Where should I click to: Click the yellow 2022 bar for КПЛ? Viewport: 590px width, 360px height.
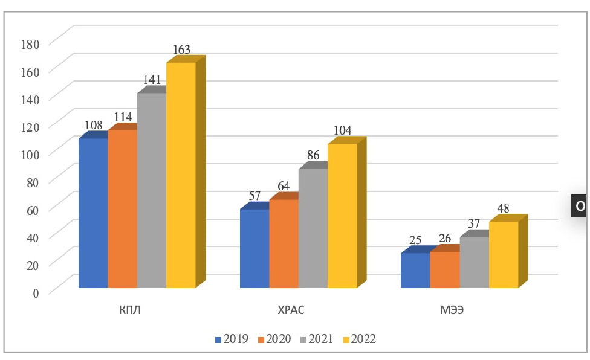(181, 175)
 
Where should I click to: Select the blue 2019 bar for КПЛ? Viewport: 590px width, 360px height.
(93, 213)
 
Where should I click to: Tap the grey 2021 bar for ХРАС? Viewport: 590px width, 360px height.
(313, 228)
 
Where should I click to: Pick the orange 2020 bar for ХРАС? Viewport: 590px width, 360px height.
(284, 243)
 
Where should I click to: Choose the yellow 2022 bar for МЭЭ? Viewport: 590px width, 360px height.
(504, 254)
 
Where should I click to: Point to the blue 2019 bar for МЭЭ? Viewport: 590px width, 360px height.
(415, 270)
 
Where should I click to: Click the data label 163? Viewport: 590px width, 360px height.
(181, 50)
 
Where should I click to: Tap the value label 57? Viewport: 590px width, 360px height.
(254, 196)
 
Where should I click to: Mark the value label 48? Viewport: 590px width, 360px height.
(503, 208)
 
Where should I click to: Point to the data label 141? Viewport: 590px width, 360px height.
(152, 80)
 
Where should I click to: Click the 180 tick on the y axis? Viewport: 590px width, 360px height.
(31, 43)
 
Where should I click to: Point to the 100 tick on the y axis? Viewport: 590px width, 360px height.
(31, 153)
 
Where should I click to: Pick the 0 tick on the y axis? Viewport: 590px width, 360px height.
(36, 292)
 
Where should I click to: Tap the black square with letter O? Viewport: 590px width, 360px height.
(580, 206)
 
